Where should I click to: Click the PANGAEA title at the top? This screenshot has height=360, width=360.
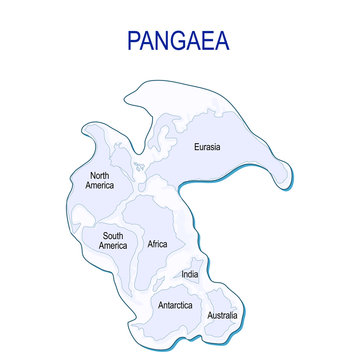[179, 41]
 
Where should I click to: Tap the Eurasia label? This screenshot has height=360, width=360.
[207, 147]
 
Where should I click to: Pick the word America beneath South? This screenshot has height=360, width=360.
[112, 246]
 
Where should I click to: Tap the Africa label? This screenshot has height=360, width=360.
[158, 244]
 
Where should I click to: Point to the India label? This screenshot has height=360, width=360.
[190, 273]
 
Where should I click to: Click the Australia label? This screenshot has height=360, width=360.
[222, 316]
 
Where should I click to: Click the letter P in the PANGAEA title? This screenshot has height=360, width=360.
[135, 41]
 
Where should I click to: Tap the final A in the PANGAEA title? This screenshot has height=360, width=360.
[222, 41]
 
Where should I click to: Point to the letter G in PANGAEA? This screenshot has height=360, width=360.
[179, 41]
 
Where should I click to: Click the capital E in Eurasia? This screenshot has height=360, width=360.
[196, 147]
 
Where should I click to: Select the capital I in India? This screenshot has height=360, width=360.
[182, 273]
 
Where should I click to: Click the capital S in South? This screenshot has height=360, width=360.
[103, 236]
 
